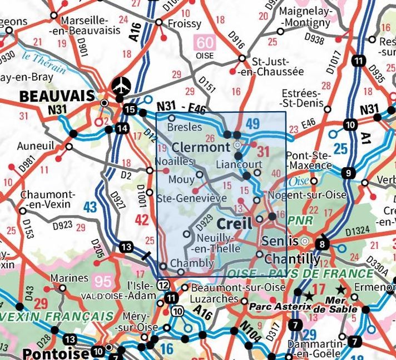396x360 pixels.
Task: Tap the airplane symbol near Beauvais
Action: (x=120, y=86)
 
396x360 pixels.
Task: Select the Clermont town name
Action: (x=201, y=147)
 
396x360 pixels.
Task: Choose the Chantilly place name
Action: (x=292, y=259)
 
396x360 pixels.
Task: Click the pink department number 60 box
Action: (x=204, y=42)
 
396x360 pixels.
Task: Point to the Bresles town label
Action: (x=185, y=127)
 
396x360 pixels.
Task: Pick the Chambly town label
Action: (x=192, y=263)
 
